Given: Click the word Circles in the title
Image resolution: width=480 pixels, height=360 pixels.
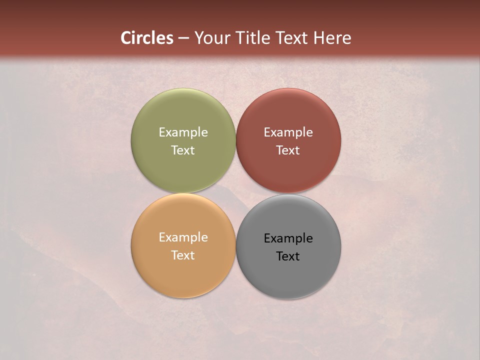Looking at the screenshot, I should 147,38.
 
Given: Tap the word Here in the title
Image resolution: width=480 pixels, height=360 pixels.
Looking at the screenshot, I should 332,38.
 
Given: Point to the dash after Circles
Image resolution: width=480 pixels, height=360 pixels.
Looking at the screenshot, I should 183,38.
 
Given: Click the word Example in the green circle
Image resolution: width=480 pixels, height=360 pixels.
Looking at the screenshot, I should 183,132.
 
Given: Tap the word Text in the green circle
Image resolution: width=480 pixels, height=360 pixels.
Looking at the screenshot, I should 183,150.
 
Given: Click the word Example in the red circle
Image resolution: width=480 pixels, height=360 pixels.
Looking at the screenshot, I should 288,132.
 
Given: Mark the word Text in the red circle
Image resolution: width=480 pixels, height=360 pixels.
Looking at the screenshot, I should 288,150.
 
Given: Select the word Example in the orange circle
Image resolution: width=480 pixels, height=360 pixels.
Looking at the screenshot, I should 183,237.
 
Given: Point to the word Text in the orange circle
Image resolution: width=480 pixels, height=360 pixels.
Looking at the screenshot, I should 183,255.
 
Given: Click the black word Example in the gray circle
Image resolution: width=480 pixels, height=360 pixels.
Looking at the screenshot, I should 288,238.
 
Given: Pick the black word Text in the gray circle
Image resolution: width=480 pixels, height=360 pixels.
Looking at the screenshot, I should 288,256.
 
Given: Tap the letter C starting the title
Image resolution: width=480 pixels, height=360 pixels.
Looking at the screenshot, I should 126,38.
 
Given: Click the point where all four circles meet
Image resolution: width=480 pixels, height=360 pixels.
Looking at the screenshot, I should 236,193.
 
